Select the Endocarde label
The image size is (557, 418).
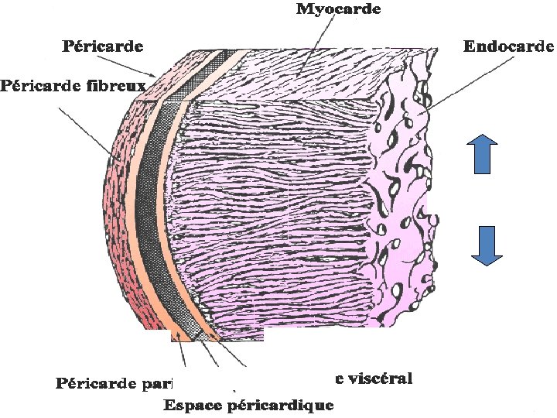508,46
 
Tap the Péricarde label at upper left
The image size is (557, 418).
102,46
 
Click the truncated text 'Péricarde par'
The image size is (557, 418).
114,382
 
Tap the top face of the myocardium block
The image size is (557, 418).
309,74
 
